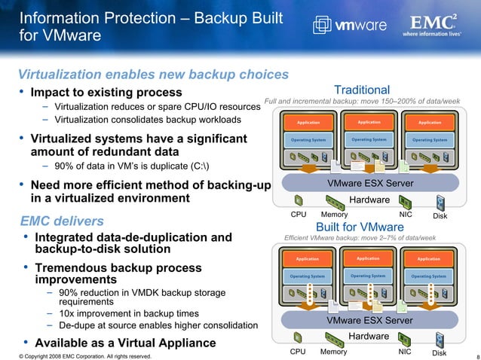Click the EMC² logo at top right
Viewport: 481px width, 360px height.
point(434,23)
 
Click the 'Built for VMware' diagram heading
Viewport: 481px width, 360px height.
point(360,227)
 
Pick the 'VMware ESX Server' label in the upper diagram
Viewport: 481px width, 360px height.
point(369,184)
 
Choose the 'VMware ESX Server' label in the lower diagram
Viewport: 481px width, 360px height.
point(369,321)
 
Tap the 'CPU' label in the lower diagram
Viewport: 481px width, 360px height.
point(299,352)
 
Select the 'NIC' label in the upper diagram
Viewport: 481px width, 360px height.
point(406,215)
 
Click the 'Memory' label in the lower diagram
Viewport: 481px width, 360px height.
point(334,352)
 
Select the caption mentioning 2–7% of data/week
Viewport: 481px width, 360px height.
point(360,238)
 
